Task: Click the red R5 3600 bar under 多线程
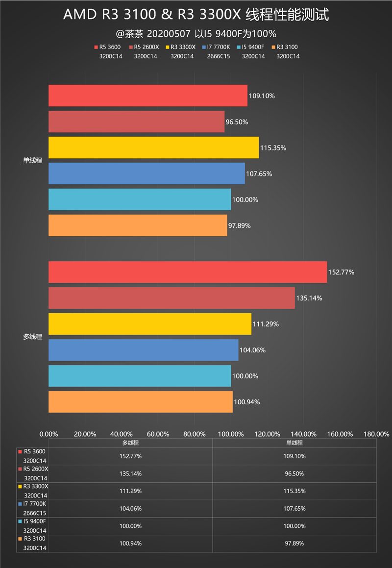click(x=187, y=272)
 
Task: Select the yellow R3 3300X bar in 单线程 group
click(x=153, y=148)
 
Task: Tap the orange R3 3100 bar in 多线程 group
click(x=140, y=402)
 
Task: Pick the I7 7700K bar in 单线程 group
click(x=147, y=173)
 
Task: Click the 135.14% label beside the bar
click(x=309, y=298)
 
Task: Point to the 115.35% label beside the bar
click(x=273, y=148)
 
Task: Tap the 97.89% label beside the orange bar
click(x=240, y=225)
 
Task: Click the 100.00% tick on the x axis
click(x=231, y=434)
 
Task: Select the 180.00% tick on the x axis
click(x=377, y=434)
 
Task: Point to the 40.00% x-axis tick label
click(x=121, y=434)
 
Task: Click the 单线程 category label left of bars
click(x=32, y=160)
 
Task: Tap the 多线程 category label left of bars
click(x=32, y=337)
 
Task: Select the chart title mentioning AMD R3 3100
click(x=196, y=15)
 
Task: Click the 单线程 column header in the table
click(x=294, y=443)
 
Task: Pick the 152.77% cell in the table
click(x=130, y=456)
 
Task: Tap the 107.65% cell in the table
click(x=294, y=508)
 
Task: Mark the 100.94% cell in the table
click(x=130, y=543)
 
